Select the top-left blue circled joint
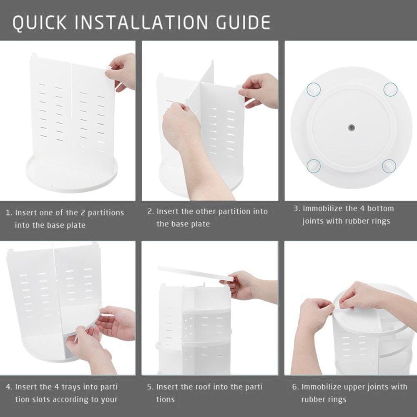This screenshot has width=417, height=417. pyautogui.click(x=314, y=88)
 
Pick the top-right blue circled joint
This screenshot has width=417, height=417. pyautogui.click(x=390, y=88)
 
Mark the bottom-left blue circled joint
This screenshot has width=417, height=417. pyautogui.click(x=314, y=165)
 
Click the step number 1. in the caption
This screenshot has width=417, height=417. pyautogui.click(x=9, y=213)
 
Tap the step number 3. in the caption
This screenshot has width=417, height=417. pyautogui.click(x=296, y=208)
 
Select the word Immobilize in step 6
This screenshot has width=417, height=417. pyautogui.click(x=322, y=387)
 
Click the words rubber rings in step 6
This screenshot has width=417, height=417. pyautogui.click(x=324, y=399)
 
